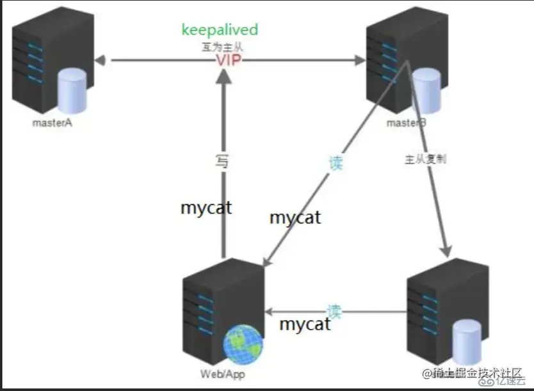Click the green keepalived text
(220, 29)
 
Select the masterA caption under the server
(52, 122)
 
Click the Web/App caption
(223, 374)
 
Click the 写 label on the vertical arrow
(222, 161)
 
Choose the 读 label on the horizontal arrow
(334, 312)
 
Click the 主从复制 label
(426, 159)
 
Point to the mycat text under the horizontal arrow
(305, 323)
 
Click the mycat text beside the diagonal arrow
(295, 217)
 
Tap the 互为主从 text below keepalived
(222, 47)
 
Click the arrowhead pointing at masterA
(99, 61)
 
